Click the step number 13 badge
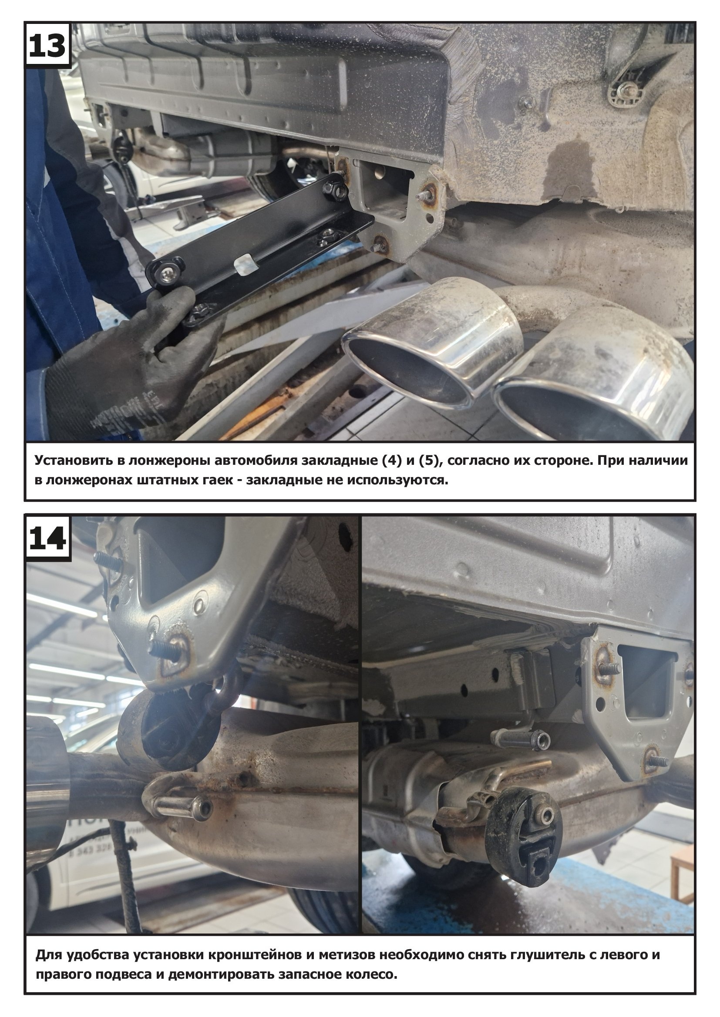pos(47,45)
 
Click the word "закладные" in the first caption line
pos(340,460)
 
